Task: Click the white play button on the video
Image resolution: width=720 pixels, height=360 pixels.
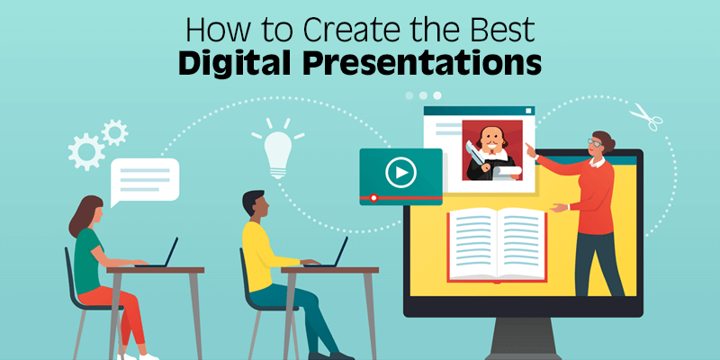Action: coord(400,170)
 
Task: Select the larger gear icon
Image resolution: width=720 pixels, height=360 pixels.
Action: coord(87,150)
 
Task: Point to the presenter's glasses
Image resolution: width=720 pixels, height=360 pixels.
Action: coord(596,142)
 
